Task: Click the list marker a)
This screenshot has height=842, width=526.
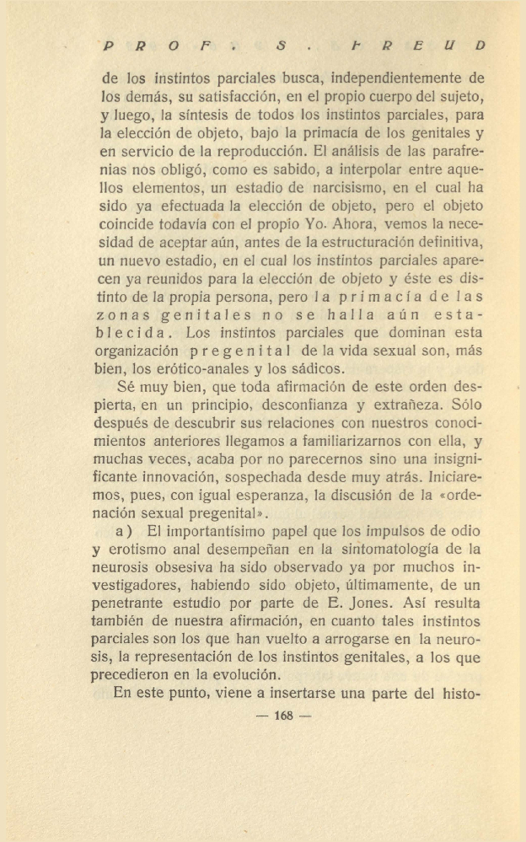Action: (x=125, y=533)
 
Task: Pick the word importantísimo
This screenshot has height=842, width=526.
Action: (x=203, y=533)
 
